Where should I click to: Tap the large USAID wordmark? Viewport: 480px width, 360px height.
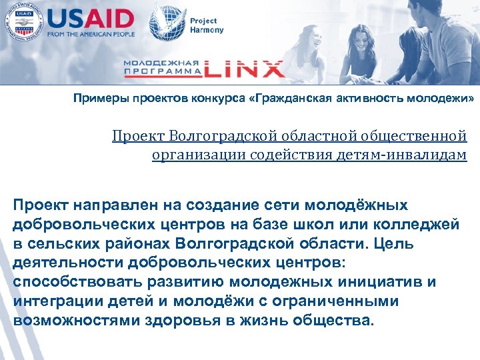coord(91,17)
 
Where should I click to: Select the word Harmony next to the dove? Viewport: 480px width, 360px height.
coord(208,30)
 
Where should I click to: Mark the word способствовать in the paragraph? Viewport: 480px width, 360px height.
coord(73,281)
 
